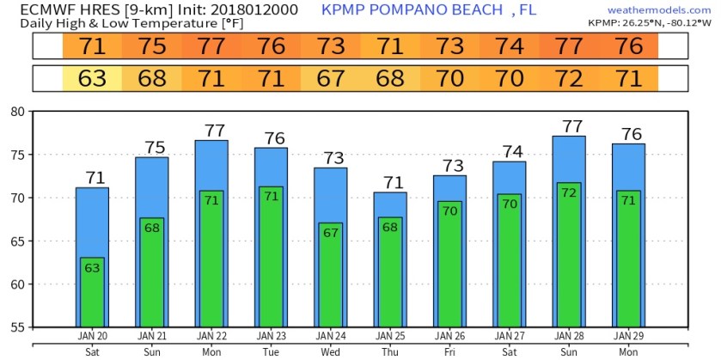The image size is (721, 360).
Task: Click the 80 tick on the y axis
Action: pos(17,112)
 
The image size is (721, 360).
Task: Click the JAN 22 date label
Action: pos(211,335)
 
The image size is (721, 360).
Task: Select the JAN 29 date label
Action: pos(628,335)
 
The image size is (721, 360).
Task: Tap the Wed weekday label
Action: pos(330,351)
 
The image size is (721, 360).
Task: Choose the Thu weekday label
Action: pos(390,351)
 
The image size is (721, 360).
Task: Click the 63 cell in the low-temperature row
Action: pos(92,79)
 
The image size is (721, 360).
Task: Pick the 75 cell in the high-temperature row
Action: pos(151,46)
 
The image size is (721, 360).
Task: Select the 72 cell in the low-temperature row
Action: pos(569,79)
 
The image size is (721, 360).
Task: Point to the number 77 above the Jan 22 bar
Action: pos(211,131)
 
